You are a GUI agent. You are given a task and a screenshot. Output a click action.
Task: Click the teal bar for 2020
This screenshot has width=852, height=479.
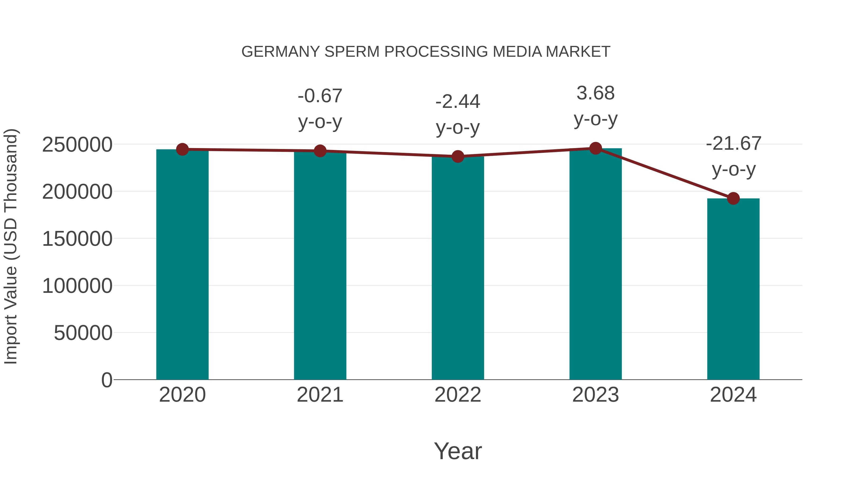[182, 264]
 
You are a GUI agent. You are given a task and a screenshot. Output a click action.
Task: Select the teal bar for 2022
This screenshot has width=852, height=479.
[458, 268]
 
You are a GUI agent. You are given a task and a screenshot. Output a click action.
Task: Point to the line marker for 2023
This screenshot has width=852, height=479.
[596, 148]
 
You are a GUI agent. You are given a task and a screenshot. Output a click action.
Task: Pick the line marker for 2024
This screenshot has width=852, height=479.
[733, 198]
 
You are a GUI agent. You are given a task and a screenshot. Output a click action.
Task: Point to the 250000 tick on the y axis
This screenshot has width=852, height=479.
[77, 145]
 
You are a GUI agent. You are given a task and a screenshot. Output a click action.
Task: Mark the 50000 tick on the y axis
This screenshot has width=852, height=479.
[83, 333]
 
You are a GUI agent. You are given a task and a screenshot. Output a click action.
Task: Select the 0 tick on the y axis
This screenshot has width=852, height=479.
[107, 380]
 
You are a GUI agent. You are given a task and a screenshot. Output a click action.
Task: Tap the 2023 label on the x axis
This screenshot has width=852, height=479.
[596, 395]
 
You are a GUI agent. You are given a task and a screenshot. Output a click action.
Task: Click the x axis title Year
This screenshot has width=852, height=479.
[458, 451]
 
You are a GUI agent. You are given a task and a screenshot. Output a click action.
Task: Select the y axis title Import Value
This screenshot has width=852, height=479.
[11, 247]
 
